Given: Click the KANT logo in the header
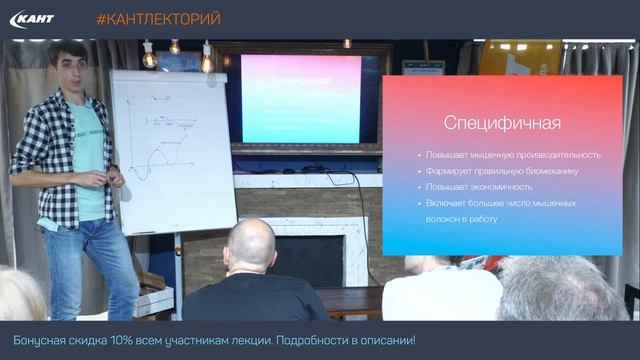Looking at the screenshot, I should pos(32,19).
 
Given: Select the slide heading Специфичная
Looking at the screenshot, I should pos(502,123).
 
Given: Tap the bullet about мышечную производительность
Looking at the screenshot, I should pos(513,155).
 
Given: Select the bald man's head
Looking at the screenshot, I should pos(250,245).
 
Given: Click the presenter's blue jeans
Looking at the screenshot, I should pos(85,265).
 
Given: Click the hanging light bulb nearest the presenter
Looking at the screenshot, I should pos(149,58).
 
